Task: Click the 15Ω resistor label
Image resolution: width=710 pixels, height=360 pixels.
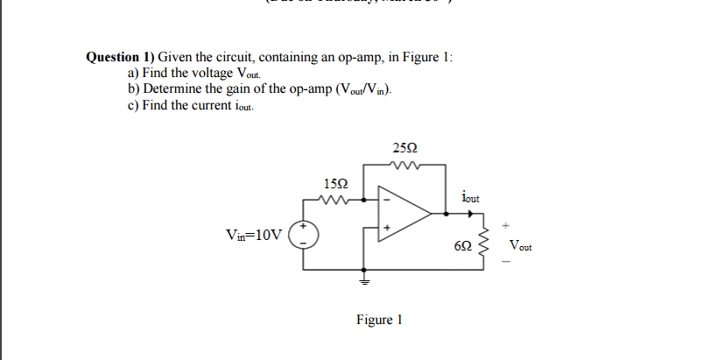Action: tap(336, 184)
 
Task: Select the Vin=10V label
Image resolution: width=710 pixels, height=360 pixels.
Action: tap(254, 235)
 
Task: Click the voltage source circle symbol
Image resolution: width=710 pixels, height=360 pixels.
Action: tap(304, 234)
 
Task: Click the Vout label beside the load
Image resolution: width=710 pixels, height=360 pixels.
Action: tap(520, 247)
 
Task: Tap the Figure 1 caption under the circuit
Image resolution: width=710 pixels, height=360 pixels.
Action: tap(378, 320)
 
